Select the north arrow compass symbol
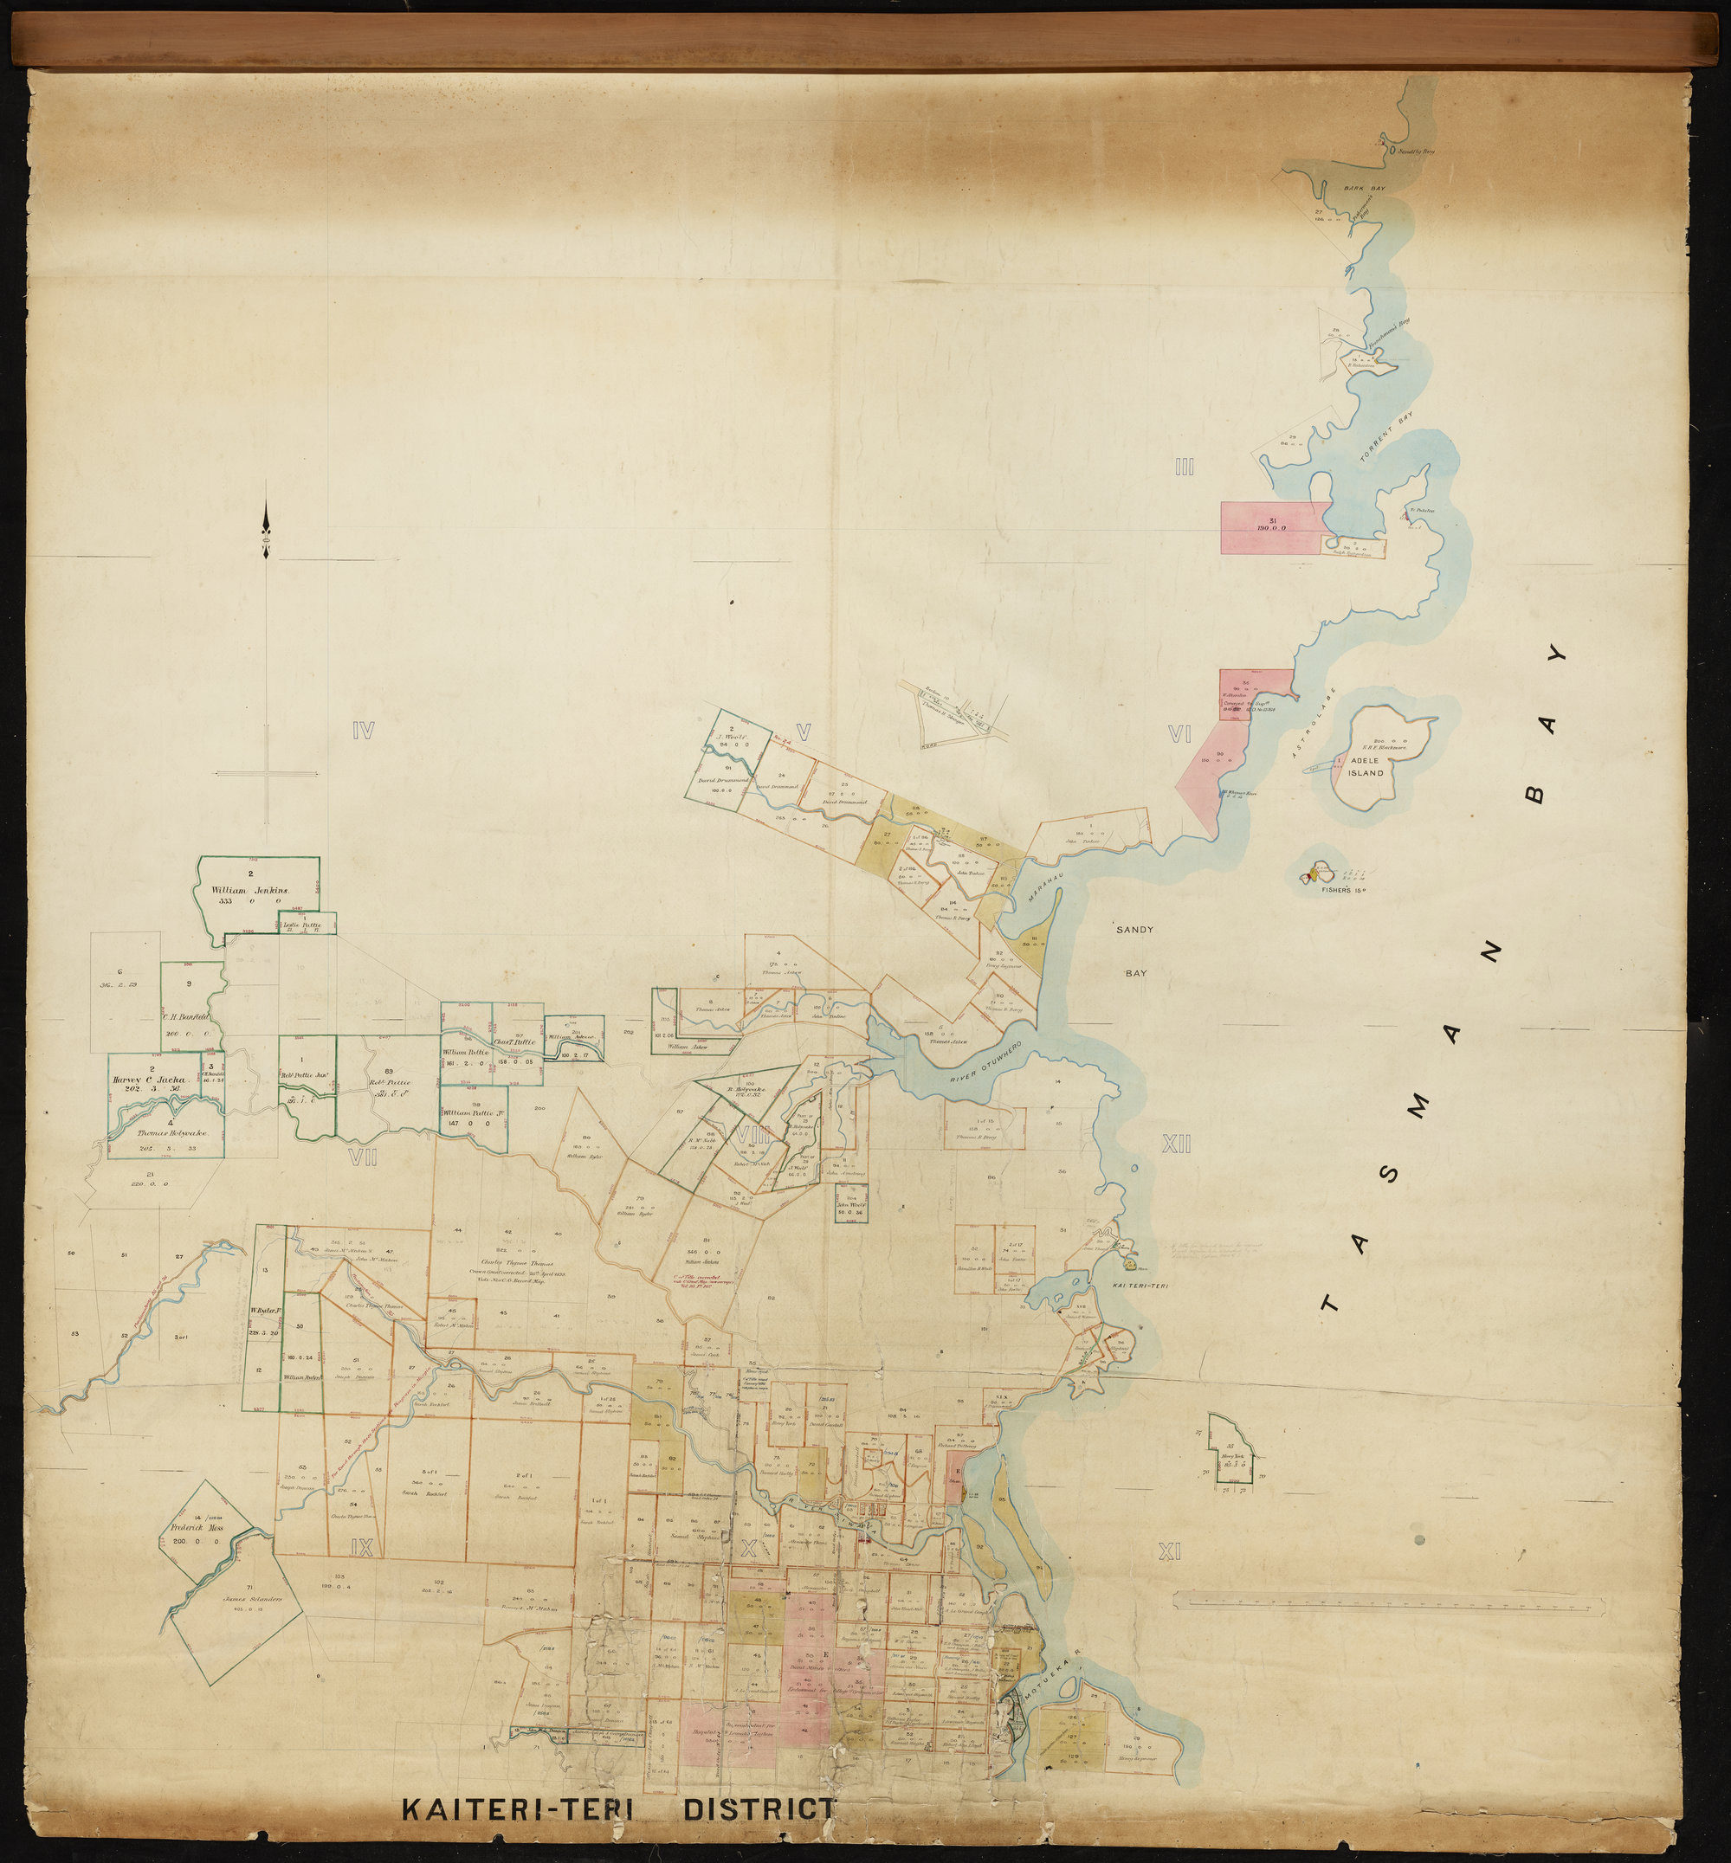pos(267,533)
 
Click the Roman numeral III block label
pos(1184,467)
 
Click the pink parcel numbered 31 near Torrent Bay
pos(1272,525)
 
